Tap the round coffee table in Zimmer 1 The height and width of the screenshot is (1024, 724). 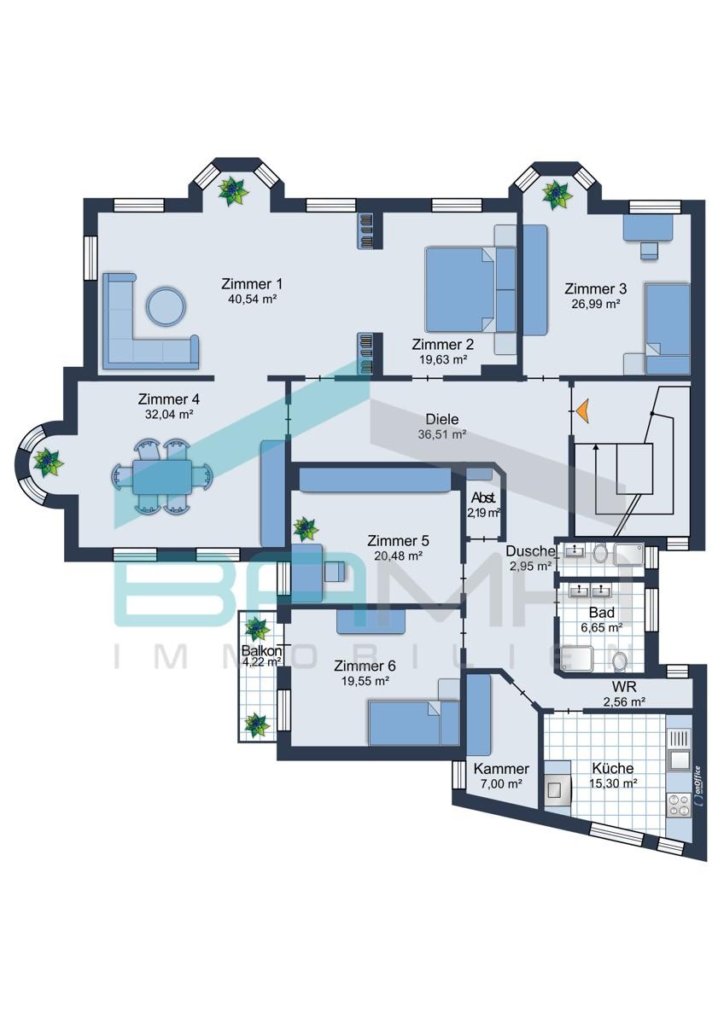click(166, 306)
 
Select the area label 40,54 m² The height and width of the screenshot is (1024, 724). click(253, 300)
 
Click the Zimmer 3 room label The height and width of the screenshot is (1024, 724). click(595, 289)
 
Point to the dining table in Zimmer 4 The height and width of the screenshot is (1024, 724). click(162, 477)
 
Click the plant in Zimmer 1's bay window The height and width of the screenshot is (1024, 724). click(233, 191)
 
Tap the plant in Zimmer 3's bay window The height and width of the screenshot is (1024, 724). click(557, 195)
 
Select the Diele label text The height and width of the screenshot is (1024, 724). click(441, 419)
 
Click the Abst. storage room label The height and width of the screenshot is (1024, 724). click(483, 497)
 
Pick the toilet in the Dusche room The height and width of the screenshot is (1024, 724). click(600, 555)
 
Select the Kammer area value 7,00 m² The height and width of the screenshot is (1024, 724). click(501, 784)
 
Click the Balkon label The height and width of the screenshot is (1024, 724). click(261, 650)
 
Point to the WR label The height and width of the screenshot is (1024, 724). click(624, 686)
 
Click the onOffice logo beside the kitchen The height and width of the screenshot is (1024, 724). click(698, 788)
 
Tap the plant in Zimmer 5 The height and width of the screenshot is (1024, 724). click(305, 529)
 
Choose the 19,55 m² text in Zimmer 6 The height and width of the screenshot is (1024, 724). click(365, 681)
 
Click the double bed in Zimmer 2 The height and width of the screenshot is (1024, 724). click(459, 289)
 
